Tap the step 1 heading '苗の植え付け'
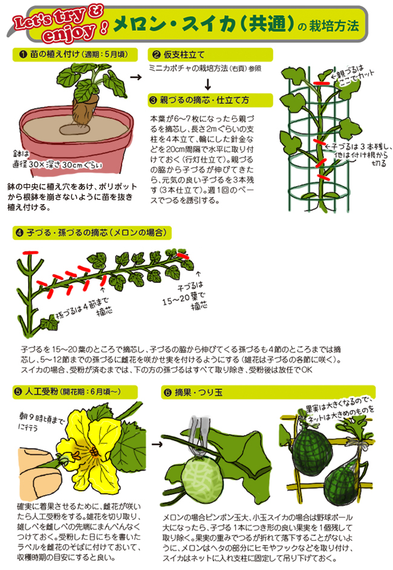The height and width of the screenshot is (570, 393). pyautogui.click(x=55, y=54)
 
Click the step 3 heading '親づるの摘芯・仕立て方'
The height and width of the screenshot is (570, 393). pyautogui.click(x=204, y=100)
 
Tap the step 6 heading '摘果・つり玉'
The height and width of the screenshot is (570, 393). pyautogui.click(x=198, y=393)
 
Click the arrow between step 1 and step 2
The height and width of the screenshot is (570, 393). pyautogui.click(x=135, y=77)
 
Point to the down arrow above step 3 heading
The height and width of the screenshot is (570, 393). pyautogui.click(x=207, y=84)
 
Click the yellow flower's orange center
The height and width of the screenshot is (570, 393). pyautogui.click(x=93, y=452)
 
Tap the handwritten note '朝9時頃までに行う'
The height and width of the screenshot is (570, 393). pyautogui.click(x=41, y=422)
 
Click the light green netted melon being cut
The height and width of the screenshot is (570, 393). pyautogui.click(x=202, y=479)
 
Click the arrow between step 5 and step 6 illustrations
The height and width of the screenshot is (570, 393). pyautogui.click(x=157, y=444)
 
